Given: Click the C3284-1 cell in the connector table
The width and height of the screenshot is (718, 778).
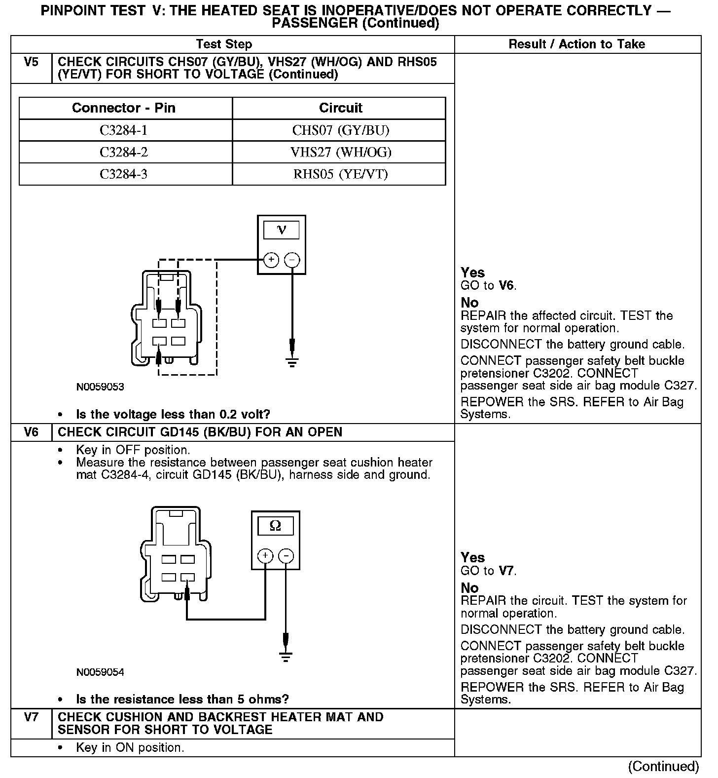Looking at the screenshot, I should tap(124, 130).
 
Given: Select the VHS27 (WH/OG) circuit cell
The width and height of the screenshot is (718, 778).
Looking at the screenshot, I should tap(341, 152).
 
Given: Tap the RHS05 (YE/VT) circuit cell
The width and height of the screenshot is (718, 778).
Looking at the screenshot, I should tap(341, 174).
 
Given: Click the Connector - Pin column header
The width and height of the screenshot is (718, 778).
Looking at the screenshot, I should tap(124, 108).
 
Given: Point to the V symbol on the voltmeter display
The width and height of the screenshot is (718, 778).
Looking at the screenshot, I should tap(282, 230).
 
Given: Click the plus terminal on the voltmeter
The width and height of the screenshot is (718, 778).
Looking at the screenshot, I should tap(271, 260).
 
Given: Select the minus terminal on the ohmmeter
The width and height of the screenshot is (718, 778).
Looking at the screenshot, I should tap(286, 556).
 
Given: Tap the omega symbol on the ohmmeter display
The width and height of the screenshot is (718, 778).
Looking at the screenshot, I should tap(275, 526).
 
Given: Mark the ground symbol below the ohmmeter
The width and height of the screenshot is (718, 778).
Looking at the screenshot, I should tap(286, 657).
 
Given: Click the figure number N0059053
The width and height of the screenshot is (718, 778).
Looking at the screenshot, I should tap(100, 387).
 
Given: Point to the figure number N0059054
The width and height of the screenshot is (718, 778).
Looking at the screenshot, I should tap(100, 672).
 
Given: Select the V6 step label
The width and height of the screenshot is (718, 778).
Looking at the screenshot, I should tap(31, 432).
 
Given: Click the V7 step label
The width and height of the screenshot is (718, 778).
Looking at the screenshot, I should tap(31, 717).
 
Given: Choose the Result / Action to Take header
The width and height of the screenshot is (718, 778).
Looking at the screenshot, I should tap(576, 44).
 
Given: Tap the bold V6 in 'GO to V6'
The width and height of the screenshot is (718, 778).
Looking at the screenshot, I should tap(506, 285).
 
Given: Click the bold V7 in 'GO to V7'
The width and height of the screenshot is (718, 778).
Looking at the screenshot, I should tap(506, 571).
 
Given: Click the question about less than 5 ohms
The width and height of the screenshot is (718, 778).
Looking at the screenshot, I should tap(182, 699).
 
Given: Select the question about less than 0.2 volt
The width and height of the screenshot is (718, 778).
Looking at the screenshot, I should tap(173, 414).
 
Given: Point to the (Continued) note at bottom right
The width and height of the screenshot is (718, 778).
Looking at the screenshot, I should tap(663, 766).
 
